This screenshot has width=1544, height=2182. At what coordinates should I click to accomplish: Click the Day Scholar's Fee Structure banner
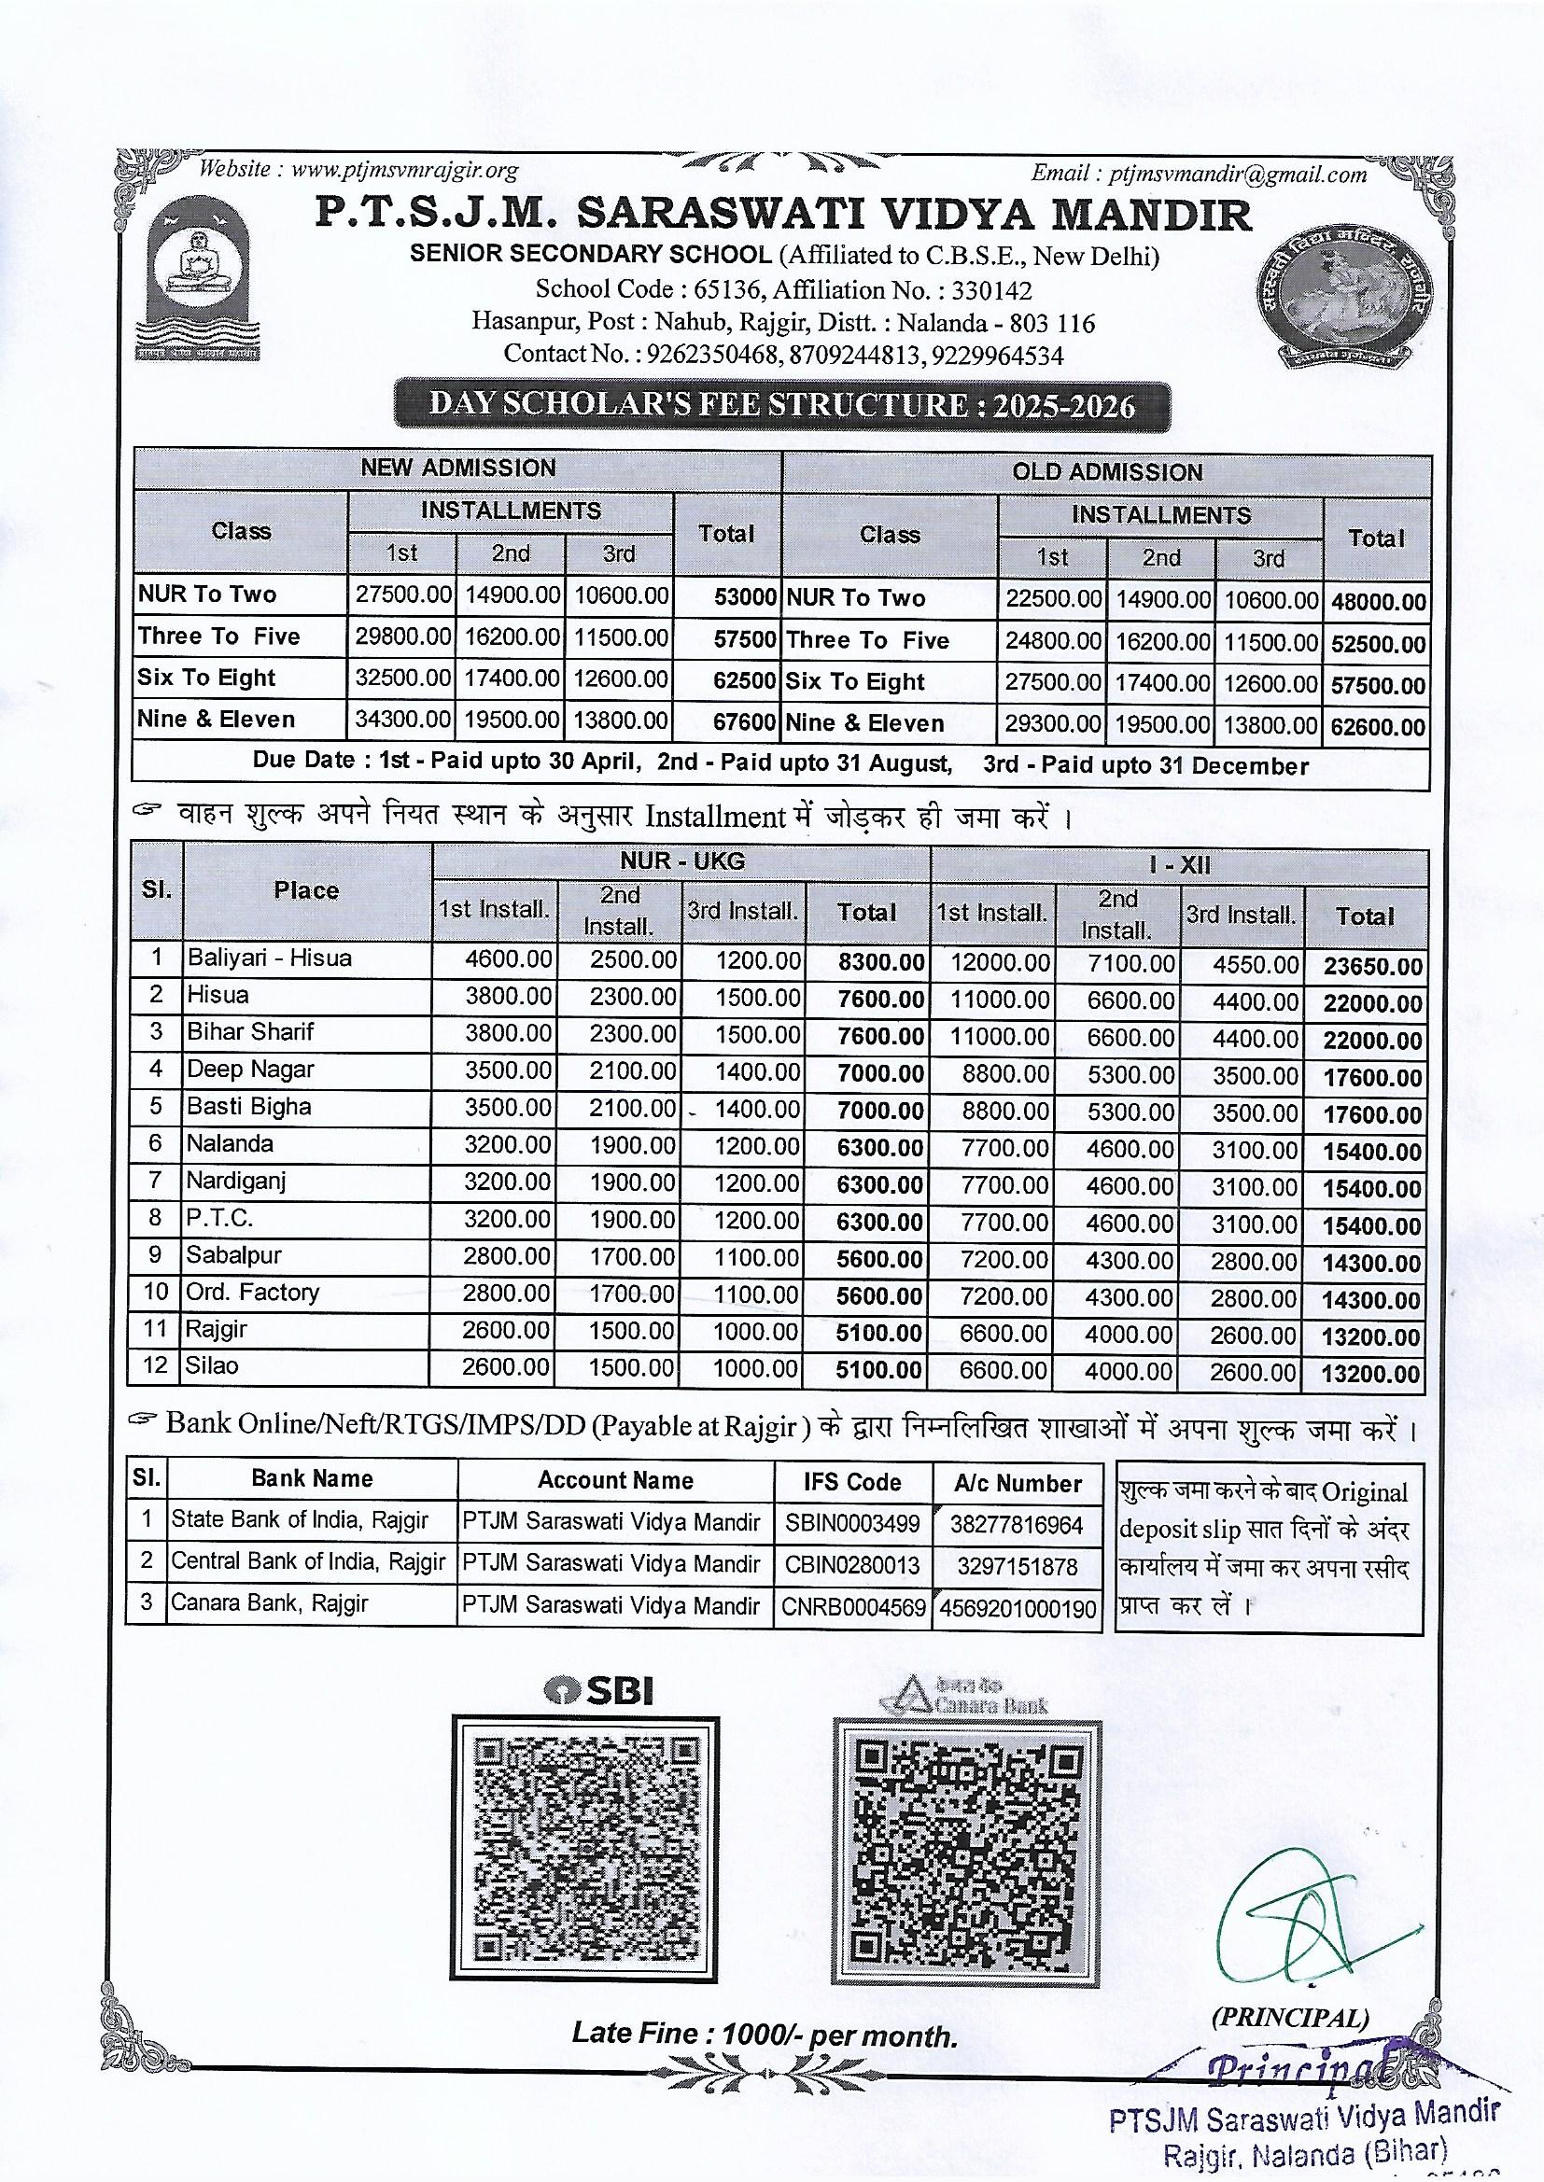pyautogui.click(x=781, y=406)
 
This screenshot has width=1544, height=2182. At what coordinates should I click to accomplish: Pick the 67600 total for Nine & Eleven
pyautogui.click(x=744, y=721)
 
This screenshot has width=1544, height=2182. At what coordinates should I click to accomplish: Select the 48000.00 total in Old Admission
pyautogui.click(x=1378, y=603)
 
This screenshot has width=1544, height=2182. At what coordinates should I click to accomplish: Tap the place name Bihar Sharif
pyautogui.click(x=250, y=1032)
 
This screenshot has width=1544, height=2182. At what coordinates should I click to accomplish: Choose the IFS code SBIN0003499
pyautogui.click(x=852, y=1524)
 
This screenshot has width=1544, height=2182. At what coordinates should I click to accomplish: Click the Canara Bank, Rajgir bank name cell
pyautogui.click(x=269, y=1603)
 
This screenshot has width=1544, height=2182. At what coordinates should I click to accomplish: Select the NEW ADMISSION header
pyautogui.click(x=457, y=468)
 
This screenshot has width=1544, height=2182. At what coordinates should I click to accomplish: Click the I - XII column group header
pyautogui.click(x=1178, y=865)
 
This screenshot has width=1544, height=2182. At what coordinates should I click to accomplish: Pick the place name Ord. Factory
pyautogui.click(x=253, y=1293)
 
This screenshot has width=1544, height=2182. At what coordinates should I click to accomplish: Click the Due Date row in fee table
pyautogui.click(x=780, y=765)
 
